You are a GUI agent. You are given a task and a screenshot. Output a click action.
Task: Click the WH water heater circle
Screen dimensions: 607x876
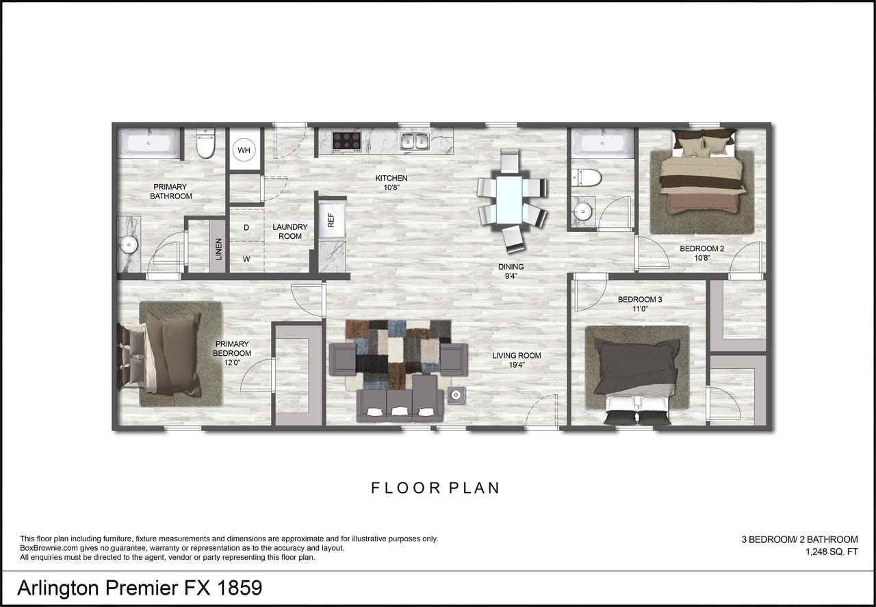click(244, 150)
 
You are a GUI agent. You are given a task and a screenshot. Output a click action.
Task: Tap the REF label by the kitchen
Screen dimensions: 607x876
click(331, 220)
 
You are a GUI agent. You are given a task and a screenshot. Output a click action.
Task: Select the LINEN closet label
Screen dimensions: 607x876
click(219, 249)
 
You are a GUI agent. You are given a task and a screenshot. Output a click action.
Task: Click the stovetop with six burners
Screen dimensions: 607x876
click(346, 141)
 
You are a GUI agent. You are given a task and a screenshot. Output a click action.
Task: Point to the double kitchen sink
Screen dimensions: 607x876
click(414, 142)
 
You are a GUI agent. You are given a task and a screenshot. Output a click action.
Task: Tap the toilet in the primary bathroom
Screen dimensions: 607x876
click(205, 144)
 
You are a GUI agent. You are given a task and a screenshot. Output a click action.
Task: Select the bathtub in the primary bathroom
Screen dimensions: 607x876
click(150, 144)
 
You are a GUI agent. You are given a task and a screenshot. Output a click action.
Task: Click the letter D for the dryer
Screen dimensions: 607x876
click(246, 227)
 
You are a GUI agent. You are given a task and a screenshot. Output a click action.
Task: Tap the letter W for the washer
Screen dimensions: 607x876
click(246, 259)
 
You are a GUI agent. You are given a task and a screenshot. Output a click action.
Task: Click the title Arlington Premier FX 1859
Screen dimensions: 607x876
click(140, 588)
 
